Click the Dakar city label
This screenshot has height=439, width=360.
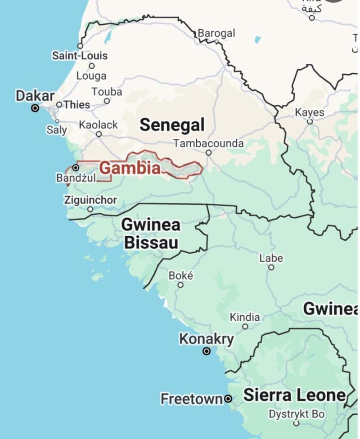click(x=35, y=96)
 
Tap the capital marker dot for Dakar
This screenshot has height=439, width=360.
click(x=35, y=108)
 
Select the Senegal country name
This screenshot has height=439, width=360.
click(x=172, y=125)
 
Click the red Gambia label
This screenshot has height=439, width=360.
click(x=130, y=168)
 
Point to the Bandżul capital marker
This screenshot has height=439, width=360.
click(x=76, y=168)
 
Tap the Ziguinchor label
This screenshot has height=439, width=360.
click(x=90, y=200)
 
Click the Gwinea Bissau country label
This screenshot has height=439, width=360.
click(x=151, y=233)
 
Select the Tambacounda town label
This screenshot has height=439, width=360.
click(x=209, y=143)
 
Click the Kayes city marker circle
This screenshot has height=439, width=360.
click(x=310, y=121)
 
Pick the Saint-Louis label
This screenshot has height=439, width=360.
click(x=80, y=56)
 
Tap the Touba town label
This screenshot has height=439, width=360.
click(x=107, y=92)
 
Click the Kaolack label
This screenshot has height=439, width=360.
click(x=98, y=125)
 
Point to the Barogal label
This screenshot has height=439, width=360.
click(x=216, y=33)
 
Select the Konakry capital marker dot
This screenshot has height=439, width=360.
click(x=207, y=351)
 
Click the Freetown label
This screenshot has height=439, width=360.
click(x=192, y=399)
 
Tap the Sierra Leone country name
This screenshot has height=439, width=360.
click(x=294, y=395)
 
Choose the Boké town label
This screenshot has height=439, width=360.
click(x=180, y=275)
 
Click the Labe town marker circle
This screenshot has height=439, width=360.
click(x=271, y=267)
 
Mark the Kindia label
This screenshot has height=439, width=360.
click(x=245, y=317)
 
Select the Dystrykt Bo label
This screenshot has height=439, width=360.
click(x=297, y=414)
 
